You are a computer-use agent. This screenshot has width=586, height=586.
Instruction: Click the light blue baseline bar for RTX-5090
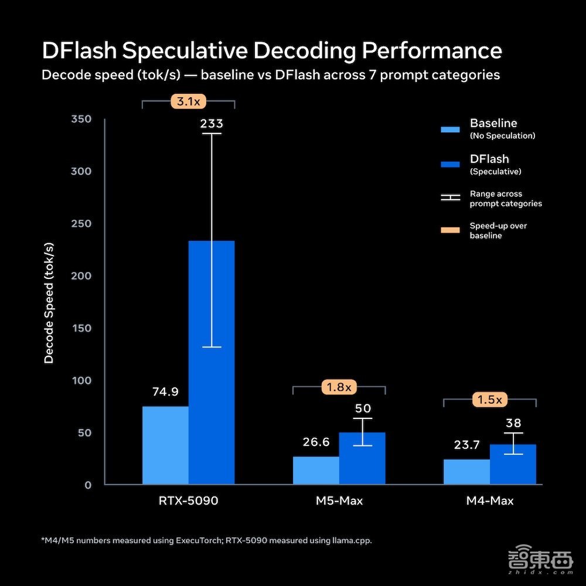(165, 445)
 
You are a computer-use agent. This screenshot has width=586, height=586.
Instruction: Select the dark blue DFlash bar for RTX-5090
(212, 363)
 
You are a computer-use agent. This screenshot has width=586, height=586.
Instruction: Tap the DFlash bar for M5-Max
(362, 458)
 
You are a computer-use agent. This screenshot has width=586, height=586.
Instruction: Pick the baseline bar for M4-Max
(467, 472)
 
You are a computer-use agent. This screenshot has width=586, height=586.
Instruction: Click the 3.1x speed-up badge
(188, 101)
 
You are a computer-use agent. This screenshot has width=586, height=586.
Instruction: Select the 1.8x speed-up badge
(339, 387)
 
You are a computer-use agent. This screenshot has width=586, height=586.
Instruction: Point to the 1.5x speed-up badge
(489, 400)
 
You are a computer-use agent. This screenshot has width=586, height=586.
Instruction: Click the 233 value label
(212, 124)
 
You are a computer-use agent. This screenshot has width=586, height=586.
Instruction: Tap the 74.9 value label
(165, 391)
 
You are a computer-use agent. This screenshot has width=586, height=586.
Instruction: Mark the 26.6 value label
(316, 442)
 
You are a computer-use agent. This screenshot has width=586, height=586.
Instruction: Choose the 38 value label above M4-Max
(513, 423)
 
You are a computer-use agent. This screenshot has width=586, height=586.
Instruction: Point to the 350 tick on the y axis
(81, 119)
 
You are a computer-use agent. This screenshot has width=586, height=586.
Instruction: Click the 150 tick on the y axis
(81, 328)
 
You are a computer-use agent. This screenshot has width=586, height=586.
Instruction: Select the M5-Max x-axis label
(339, 501)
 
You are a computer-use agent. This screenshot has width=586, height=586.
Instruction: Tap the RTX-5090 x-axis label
(188, 501)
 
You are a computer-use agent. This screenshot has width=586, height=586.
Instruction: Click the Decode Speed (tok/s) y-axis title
(49, 303)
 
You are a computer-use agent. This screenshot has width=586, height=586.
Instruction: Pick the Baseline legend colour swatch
(450, 130)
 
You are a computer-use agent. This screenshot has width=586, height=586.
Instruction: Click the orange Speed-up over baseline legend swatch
(450, 230)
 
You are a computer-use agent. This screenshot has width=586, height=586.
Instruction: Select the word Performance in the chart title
(432, 50)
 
